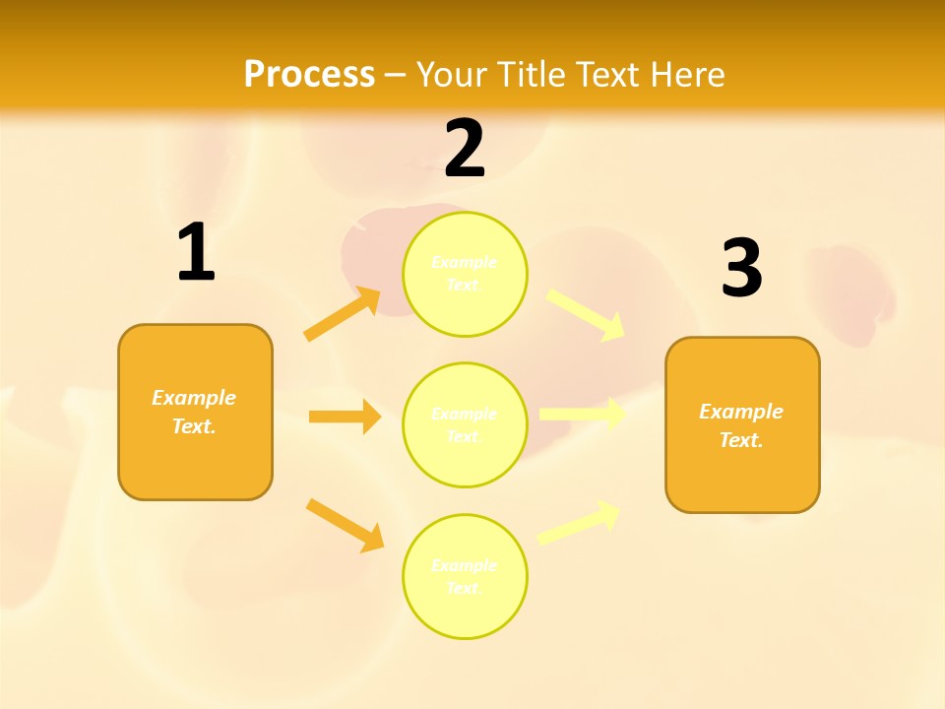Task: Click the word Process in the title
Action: click(x=309, y=75)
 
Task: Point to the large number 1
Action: click(x=196, y=254)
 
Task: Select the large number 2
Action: click(x=465, y=150)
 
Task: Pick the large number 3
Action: click(x=741, y=270)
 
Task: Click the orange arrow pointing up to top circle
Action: click(x=343, y=314)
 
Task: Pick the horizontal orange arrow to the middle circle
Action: click(x=345, y=417)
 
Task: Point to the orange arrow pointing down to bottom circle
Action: click(x=346, y=525)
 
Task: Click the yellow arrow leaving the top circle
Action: click(x=586, y=314)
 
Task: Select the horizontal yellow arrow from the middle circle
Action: click(x=582, y=415)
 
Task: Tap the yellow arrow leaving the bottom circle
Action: click(x=580, y=522)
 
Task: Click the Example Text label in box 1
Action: click(x=194, y=412)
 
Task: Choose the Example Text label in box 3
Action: click(x=741, y=425)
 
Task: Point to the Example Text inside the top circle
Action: click(x=465, y=273)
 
